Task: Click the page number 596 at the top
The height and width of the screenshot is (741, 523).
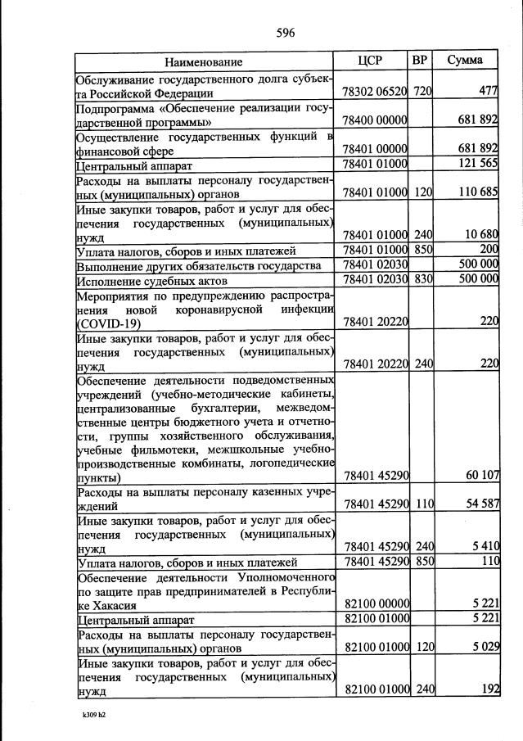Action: (x=286, y=33)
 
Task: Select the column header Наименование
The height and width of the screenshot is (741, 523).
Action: (x=204, y=62)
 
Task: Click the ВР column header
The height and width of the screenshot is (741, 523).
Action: (x=420, y=61)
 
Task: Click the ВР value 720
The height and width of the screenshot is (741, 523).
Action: (x=422, y=92)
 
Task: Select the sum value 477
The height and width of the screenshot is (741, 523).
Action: (x=489, y=92)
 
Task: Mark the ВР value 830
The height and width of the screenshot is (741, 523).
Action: (x=422, y=279)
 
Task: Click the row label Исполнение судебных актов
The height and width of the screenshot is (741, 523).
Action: (x=145, y=279)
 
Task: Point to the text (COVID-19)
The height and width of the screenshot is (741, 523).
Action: (x=108, y=323)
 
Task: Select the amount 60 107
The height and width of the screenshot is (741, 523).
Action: (x=482, y=476)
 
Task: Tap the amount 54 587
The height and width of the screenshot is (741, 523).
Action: (x=482, y=504)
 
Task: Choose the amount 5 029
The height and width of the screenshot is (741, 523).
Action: (x=485, y=647)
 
